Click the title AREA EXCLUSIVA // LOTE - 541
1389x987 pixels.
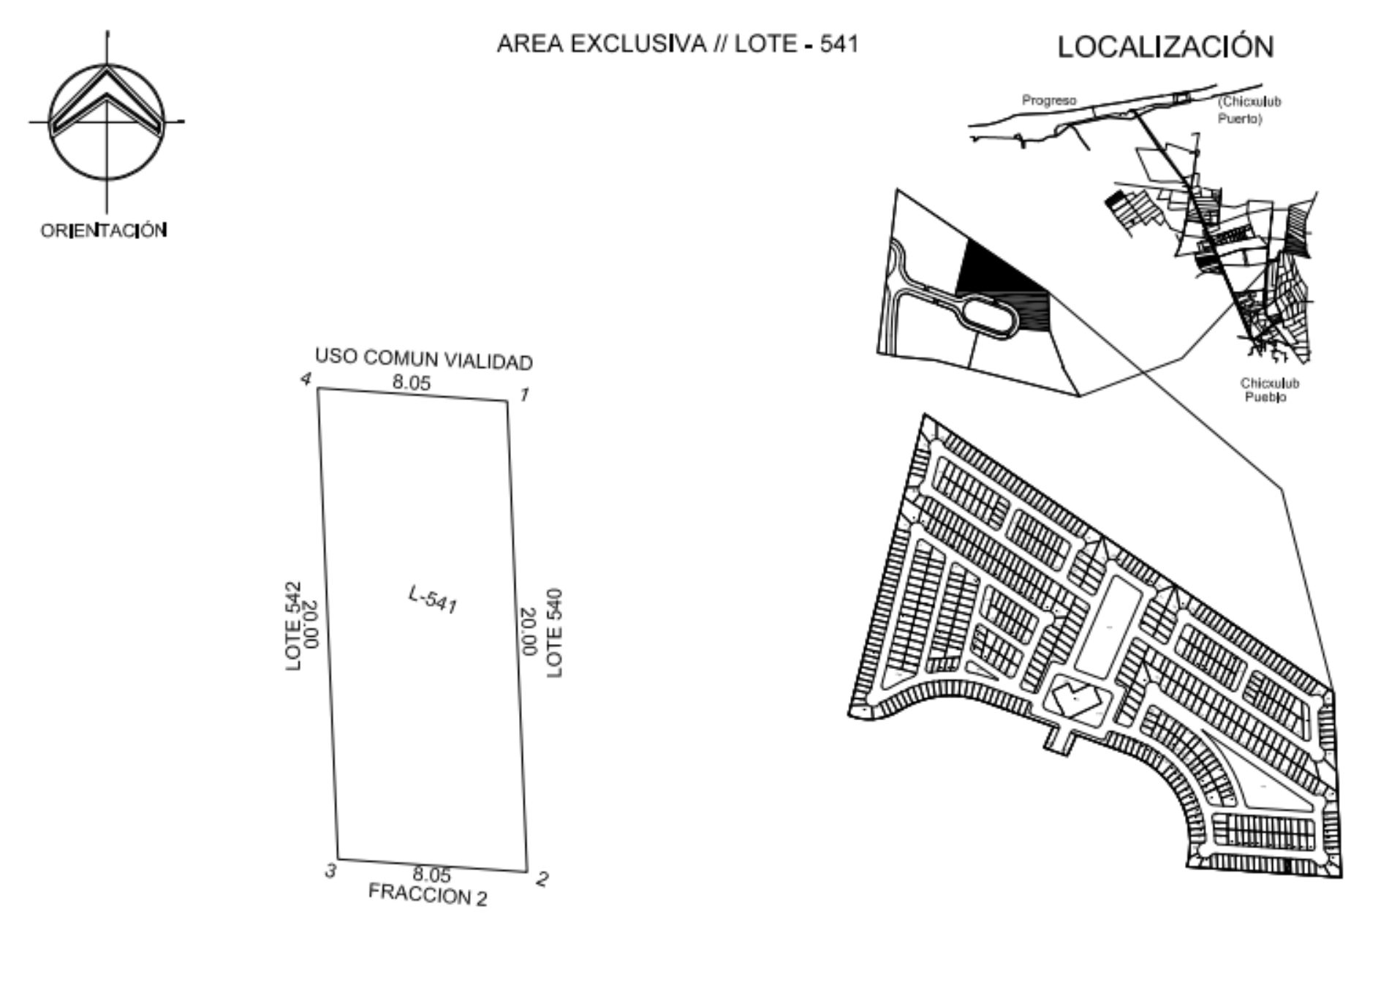pyautogui.click(x=677, y=44)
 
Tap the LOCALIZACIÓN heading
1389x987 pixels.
pyautogui.click(x=1165, y=47)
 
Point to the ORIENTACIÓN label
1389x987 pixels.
pyautogui.click(x=104, y=230)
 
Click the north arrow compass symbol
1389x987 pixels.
pyautogui.click(x=107, y=122)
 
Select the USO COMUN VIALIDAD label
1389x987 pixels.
pyautogui.click(x=424, y=359)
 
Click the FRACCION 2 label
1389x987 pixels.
pyautogui.click(x=428, y=895)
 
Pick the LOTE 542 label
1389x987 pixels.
pyautogui.click(x=293, y=626)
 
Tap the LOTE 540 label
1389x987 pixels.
pyautogui.click(x=555, y=632)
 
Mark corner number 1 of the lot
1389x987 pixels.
pyautogui.click(x=508, y=401)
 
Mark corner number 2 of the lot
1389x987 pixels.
pyautogui.click(x=527, y=871)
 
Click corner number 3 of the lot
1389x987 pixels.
pyautogui.click(x=338, y=859)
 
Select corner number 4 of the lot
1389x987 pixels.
pyautogui.click(x=318, y=388)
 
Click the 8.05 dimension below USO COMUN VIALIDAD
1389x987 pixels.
pyautogui.click(x=412, y=382)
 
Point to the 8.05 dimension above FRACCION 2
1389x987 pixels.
pyautogui.click(x=432, y=874)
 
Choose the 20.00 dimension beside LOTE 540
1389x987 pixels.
pyautogui.click(x=528, y=632)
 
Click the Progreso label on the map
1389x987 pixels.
pyautogui.click(x=1049, y=100)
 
